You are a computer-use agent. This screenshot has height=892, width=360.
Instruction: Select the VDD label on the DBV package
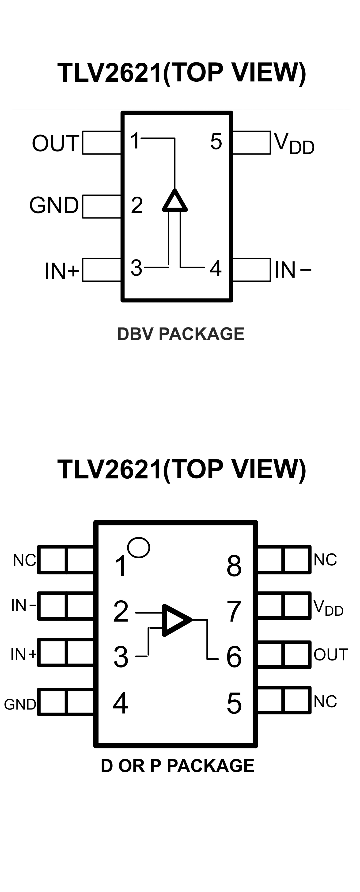pos(294,143)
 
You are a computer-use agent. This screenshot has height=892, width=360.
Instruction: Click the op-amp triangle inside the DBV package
pos(175,201)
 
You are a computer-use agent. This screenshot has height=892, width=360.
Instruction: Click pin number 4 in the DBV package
pos(216,268)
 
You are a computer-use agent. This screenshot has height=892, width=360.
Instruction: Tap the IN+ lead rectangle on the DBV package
pos(101,270)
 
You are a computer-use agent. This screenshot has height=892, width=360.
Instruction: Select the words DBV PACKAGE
pos(181,334)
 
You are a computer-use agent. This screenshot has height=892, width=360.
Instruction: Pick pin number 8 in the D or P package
pos(234,566)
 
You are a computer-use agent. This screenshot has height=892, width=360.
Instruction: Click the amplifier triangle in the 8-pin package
pos(176,620)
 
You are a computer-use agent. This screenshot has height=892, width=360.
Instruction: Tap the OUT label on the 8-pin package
pos(331,655)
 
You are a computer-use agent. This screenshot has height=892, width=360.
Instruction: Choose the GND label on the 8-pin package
pos(20,704)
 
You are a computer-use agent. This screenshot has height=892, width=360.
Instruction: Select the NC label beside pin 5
pos(325,701)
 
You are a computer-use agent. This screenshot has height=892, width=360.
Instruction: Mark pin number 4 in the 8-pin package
pos(121,703)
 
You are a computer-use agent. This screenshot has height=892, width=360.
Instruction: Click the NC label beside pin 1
pos(24,560)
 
